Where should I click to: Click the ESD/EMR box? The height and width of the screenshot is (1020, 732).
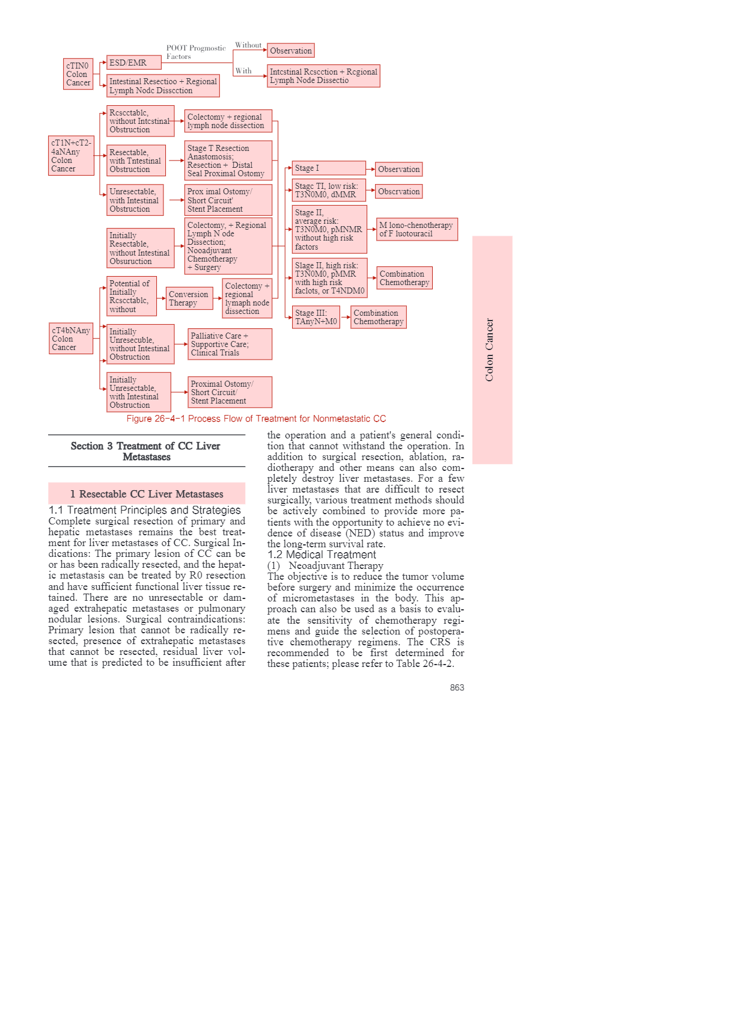[133, 63]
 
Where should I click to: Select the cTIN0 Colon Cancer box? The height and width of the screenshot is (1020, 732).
[78, 74]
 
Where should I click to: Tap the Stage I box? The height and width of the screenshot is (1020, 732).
[329, 168]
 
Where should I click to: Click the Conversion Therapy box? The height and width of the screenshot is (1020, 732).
[189, 298]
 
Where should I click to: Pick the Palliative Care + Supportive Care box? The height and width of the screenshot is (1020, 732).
[230, 344]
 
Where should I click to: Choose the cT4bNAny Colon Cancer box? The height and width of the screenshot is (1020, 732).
[71, 339]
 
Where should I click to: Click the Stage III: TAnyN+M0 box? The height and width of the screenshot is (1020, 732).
[316, 317]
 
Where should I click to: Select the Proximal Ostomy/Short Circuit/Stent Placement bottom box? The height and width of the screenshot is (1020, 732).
[230, 392]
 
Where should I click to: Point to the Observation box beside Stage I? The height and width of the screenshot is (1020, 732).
[399, 169]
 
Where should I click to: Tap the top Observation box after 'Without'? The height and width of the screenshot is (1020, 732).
[291, 51]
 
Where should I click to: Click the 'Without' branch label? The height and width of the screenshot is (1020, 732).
[248, 45]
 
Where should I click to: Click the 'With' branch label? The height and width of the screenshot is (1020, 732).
[243, 71]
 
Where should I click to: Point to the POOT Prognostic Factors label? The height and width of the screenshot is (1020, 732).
[195, 52]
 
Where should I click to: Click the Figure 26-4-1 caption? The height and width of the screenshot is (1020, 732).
[256, 419]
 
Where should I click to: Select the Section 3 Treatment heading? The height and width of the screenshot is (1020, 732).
[146, 451]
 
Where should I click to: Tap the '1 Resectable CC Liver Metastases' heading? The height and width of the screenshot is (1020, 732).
[147, 494]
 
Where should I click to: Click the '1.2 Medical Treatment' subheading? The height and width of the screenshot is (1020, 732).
[322, 555]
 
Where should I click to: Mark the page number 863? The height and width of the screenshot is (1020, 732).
[457, 687]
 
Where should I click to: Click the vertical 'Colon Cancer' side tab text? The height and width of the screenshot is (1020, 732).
[489, 349]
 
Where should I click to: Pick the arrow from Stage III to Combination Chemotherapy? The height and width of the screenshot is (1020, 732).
[346, 317]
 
